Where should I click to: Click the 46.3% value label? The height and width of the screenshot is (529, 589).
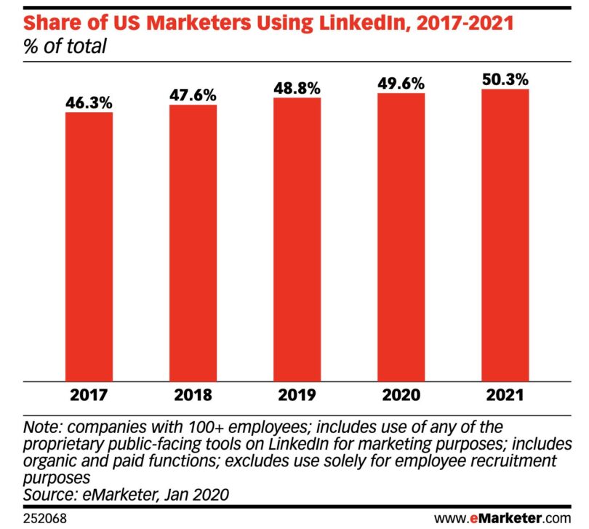tap(89, 103)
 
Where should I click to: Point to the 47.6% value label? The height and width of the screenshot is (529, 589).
tap(193, 95)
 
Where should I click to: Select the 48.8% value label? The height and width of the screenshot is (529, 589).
tap(297, 88)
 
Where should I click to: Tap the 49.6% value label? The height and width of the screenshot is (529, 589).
tap(401, 84)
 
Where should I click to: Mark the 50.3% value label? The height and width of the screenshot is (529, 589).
tap(505, 79)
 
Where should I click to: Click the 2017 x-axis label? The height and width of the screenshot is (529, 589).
tap(89, 397)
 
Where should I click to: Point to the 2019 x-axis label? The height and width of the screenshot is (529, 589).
tap(297, 397)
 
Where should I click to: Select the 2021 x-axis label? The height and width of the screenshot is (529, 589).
tap(505, 397)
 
